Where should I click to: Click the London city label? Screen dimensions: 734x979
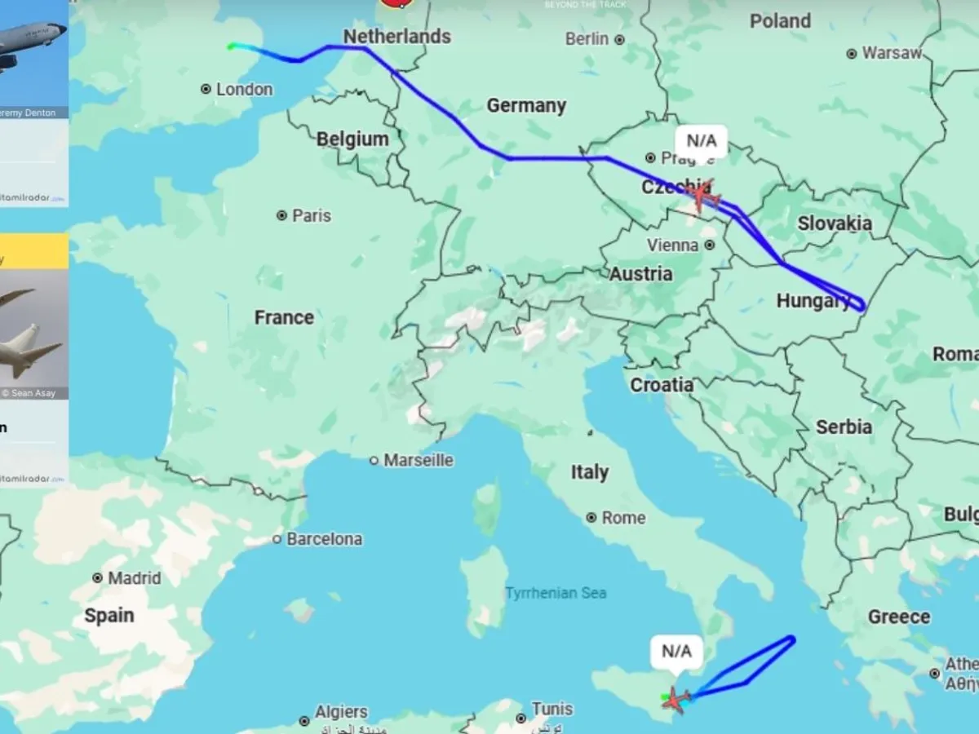pyautogui.click(x=244, y=89)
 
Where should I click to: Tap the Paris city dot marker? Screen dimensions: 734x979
pyautogui.click(x=282, y=215)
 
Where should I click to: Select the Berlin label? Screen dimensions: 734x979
pyautogui.click(x=587, y=38)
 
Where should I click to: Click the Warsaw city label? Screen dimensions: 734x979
pyautogui.click(x=892, y=53)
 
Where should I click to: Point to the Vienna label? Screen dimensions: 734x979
pyautogui.click(x=673, y=245)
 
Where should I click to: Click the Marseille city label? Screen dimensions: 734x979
pyautogui.click(x=419, y=460)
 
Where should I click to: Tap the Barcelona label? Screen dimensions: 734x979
pyautogui.click(x=324, y=539)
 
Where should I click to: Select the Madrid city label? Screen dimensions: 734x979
pyautogui.click(x=135, y=577)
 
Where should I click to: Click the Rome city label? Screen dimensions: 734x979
pyautogui.click(x=623, y=518)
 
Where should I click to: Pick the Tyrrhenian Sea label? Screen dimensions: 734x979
pyautogui.click(x=556, y=593)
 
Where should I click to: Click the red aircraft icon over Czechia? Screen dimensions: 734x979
pyautogui.click(x=702, y=196)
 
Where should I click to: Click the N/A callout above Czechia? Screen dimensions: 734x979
pyautogui.click(x=701, y=141)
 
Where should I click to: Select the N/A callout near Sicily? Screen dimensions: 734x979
pyautogui.click(x=676, y=651)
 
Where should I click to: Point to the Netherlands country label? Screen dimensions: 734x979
pyautogui.click(x=396, y=36)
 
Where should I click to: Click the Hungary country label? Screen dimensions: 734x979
pyautogui.click(x=813, y=301)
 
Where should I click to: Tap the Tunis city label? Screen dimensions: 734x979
pyautogui.click(x=552, y=709)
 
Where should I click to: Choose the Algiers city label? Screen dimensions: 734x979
pyautogui.click(x=341, y=712)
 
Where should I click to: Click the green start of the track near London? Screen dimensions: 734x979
pyautogui.click(x=232, y=46)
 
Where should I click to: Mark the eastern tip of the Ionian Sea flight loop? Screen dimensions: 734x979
pyautogui.click(x=793, y=639)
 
